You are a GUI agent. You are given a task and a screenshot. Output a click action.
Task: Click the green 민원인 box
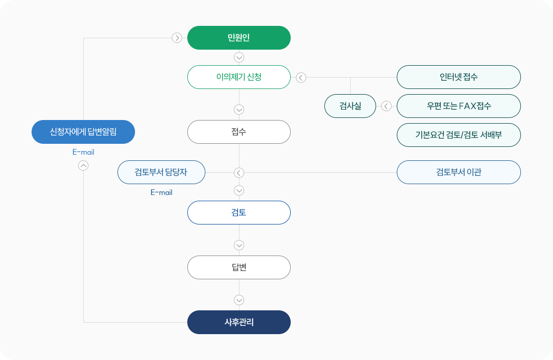(x=238, y=38)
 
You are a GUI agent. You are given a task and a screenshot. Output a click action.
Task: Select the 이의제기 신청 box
(x=238, y=77)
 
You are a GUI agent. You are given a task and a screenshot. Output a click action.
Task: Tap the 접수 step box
(x=238, y=132)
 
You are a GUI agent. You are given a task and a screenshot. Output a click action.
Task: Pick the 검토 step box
(x=238, y=213)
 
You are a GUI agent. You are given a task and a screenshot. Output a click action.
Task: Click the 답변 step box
(x=238, y=267)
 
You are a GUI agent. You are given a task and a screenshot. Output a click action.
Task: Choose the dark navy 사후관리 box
(x=238, y=322)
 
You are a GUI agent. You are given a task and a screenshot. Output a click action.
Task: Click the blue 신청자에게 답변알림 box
(x=83, y=132)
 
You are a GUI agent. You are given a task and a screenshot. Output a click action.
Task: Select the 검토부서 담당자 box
(x=161, y=172)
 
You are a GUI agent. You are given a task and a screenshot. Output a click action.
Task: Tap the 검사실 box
(x=350, y=106)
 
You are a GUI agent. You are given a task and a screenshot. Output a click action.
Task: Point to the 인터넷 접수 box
(x=458, y=77)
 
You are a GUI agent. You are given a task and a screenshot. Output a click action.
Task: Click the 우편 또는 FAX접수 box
(x=458, y=106)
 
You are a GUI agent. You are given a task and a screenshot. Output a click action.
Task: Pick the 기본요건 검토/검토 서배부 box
(x=458, y=135)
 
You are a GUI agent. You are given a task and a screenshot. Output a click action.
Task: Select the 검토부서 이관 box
(x=458, y=172)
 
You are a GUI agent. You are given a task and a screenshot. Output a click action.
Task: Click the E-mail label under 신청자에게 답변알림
(x=83, y=152)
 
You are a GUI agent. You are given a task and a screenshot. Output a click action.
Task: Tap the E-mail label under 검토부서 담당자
(x=161, y=192)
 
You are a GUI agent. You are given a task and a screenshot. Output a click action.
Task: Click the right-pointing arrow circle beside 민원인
(x=177, y=38)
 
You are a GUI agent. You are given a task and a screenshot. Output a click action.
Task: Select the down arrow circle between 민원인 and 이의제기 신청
(x=239, y=57)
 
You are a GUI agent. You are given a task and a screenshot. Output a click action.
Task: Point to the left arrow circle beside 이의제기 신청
(x=301, y=78)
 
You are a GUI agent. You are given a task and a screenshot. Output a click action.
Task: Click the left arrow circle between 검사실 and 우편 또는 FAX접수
(x=386, y=107)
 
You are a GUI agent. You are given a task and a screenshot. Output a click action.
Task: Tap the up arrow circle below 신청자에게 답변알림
(x=83, y=166)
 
